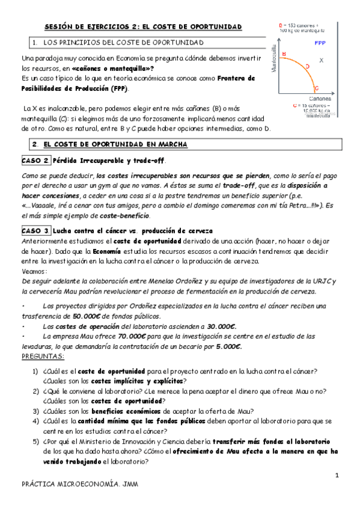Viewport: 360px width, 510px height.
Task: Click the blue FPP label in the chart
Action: point(320,43)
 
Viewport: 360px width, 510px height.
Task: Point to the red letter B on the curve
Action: point(284,55)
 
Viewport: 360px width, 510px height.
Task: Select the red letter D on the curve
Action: point(307,66)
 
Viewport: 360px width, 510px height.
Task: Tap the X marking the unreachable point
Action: point(322,60)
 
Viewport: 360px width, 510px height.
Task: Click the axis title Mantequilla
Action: point(274,59)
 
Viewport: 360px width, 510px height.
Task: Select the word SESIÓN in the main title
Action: point(61,27)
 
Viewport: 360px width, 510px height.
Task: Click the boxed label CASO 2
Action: point(35,161)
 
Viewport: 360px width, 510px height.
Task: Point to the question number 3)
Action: point(36,411)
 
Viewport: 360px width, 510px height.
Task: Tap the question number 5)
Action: point(36,441)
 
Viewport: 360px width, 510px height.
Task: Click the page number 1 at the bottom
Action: point(338,476)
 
